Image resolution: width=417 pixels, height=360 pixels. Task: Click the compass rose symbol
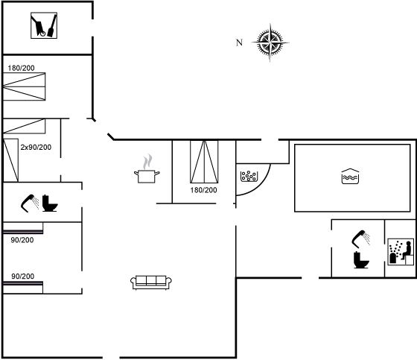pyautogui.click(x=270, y=42)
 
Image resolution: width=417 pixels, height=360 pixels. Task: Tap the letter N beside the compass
pyautogui.click(x=239, y=42)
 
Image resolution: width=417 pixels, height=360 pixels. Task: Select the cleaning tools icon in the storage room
pyautogui.click(x=44, y=25)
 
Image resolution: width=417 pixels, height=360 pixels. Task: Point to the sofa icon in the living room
pyautogui.click(x=150, y=282)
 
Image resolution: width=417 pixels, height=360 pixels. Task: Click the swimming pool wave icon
pyautogui.click(x=350, y=176)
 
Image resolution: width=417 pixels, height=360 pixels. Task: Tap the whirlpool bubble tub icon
pyautogui.click(x=249, y=176)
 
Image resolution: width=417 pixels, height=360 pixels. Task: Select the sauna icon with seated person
pyautogui.click(x=401, y=252)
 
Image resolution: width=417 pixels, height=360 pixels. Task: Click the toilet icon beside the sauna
pyautogui.click(x=361, y=259)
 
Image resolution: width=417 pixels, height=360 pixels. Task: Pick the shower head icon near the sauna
pyautogui.click(x=360, y=238)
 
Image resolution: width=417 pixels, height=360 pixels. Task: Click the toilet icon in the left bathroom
pyautogui.click(x=50, y=203)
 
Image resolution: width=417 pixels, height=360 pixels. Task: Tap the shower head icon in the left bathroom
pyautogui.click(x=30, y=203)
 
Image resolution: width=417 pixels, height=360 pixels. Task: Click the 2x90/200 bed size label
pyautogui.click(x=36, y=148)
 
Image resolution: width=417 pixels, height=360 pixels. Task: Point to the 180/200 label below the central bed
pyautogui.click(x=203, y=190)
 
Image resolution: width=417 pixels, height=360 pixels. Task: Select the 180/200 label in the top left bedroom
pyautogui.click(x=21, y=68)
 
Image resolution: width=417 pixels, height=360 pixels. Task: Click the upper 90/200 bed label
pyautogui.click(x=22, y=240)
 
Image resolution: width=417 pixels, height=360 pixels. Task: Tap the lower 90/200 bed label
pyautogui.click(x=22, y=277)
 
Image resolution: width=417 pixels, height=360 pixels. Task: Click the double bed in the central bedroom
pyautogui.click(x=204, y=162)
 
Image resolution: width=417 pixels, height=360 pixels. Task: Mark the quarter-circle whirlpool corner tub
pyautogui.click(x=253, y=179)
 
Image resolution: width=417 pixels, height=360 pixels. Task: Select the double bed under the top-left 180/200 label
pyautogui.click(x=24, y=86)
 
